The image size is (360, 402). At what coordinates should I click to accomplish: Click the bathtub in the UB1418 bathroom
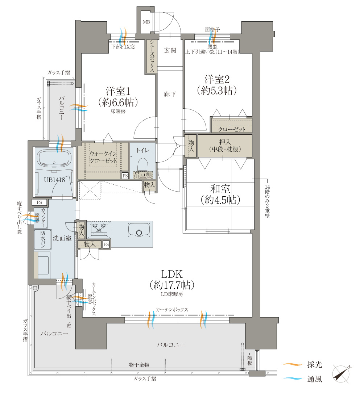(x=54, y=158)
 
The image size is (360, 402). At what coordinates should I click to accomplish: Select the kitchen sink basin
(x=139, y=230)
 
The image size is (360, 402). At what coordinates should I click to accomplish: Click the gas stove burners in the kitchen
(x=99, y=228)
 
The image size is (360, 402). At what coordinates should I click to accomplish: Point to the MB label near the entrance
(x=146, y=22)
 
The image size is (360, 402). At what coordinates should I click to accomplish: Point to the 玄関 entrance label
(x=170, y=50)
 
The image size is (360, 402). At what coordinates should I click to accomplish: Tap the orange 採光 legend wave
(x=292, y=364)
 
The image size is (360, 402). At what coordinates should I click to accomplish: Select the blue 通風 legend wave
(x=292, y=378)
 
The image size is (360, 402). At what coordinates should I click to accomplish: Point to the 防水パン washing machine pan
(x=42, y=239)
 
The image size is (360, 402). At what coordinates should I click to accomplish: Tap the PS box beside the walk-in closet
(x=125, y=176)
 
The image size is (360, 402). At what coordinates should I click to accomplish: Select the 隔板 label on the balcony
(x=250, y=360)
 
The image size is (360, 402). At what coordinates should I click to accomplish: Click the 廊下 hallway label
(x=170, y=95)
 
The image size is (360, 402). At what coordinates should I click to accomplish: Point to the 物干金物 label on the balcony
(x=139, y=365)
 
